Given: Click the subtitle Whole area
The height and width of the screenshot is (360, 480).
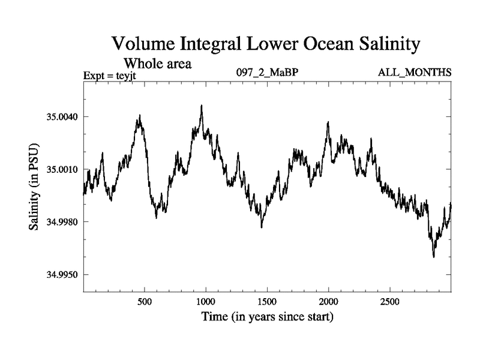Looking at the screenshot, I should pyautogui.click(x=157, y=63).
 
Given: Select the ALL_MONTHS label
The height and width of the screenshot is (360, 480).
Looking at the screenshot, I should pyautogui.click(x=415, y=73).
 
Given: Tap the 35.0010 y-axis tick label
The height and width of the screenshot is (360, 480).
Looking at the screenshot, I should pyautogui.click(x=62, y=169).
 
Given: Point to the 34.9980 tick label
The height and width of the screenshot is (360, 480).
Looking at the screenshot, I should pyautogui.click(x=62, y=222).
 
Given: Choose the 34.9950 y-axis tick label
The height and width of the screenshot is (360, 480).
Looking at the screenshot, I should pyautogui.click(x=62, y=275).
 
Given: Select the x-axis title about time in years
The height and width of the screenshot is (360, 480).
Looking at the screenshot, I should pyautogui.click(x=267, y=316).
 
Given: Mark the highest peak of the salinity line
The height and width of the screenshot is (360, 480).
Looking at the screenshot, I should pyautogui.click(x=202, y=106).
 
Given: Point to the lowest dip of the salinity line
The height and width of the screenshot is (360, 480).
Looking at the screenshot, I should pyautogui.click(x=433, y=257).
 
